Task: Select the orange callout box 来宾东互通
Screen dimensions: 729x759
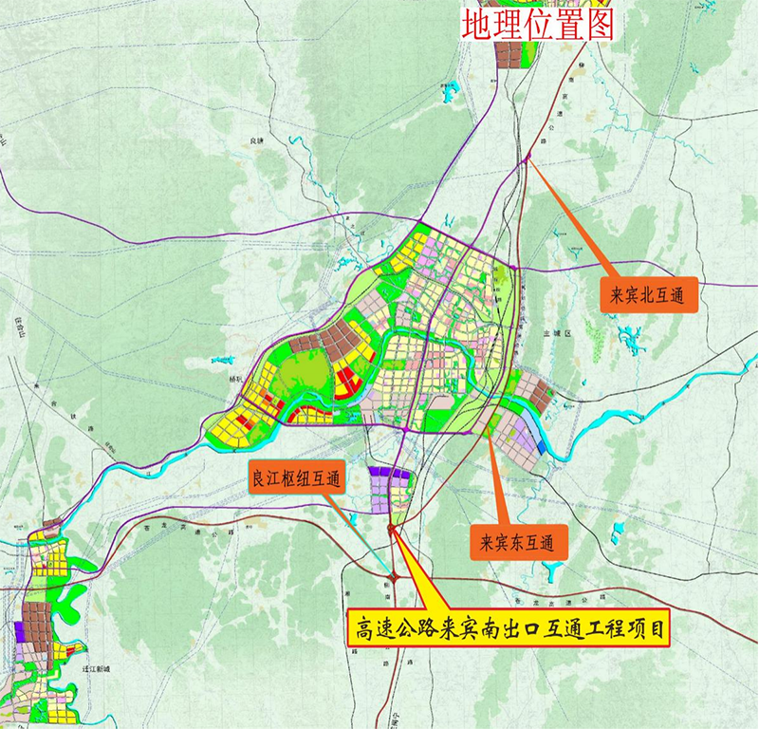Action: [519, 543]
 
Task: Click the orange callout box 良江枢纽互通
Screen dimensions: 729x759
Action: [296, 478]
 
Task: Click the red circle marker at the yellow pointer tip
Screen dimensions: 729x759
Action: [392, 529]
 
